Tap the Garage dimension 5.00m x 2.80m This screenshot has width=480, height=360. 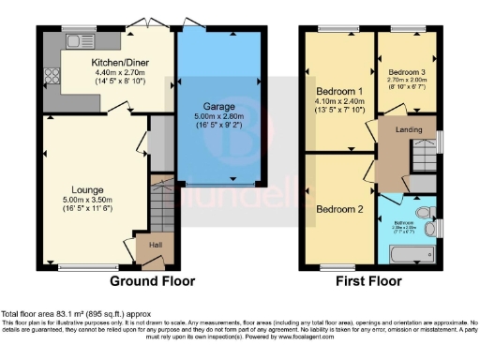(x=219, y=118)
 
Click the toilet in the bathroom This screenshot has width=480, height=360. (x=429, y=227)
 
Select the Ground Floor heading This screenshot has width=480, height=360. (x=153, y=280)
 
